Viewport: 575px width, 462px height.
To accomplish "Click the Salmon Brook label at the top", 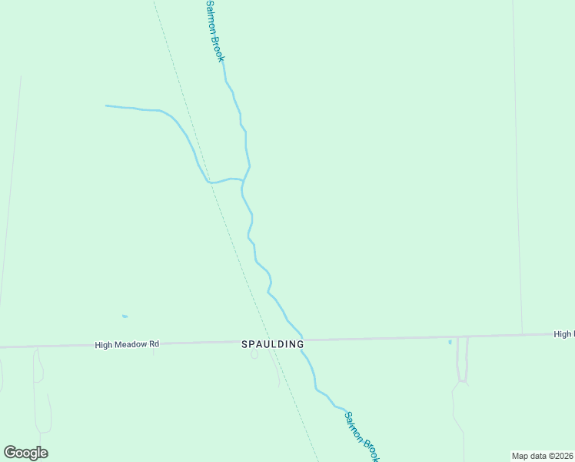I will (x=214, y=31).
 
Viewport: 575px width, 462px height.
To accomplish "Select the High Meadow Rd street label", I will (x=127, y=345).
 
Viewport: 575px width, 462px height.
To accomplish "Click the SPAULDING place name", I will (x=273, y=344).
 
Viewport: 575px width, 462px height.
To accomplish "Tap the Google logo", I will (x=25, y=453).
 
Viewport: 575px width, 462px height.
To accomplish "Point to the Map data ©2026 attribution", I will (x=542, y=456).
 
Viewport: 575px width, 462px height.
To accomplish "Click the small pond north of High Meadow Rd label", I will (x=125, y=316).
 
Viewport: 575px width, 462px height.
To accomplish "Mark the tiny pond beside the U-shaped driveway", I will (x=450, y=342).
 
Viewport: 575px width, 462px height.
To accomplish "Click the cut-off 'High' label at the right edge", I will (x=563, y=334).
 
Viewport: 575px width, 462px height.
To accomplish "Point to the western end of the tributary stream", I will (x=106, y=105).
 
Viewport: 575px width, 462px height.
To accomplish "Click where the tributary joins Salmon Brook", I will (x=244, y=180).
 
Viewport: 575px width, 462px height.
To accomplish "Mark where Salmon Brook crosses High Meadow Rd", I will (x=302, y=340).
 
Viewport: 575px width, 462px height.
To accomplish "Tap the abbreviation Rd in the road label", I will (x=154, y=344).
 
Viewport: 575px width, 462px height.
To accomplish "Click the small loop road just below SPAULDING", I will (x=254, y=355).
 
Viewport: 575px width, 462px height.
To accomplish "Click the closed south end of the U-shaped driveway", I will (x=463, y=380).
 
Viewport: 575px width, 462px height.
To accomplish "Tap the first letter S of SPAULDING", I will (x=245, y=344).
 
